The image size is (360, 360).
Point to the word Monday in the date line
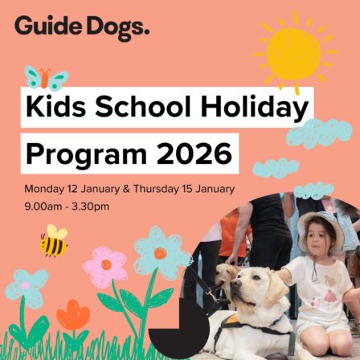pos(45,190)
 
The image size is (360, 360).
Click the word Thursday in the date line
pos(165,190)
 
